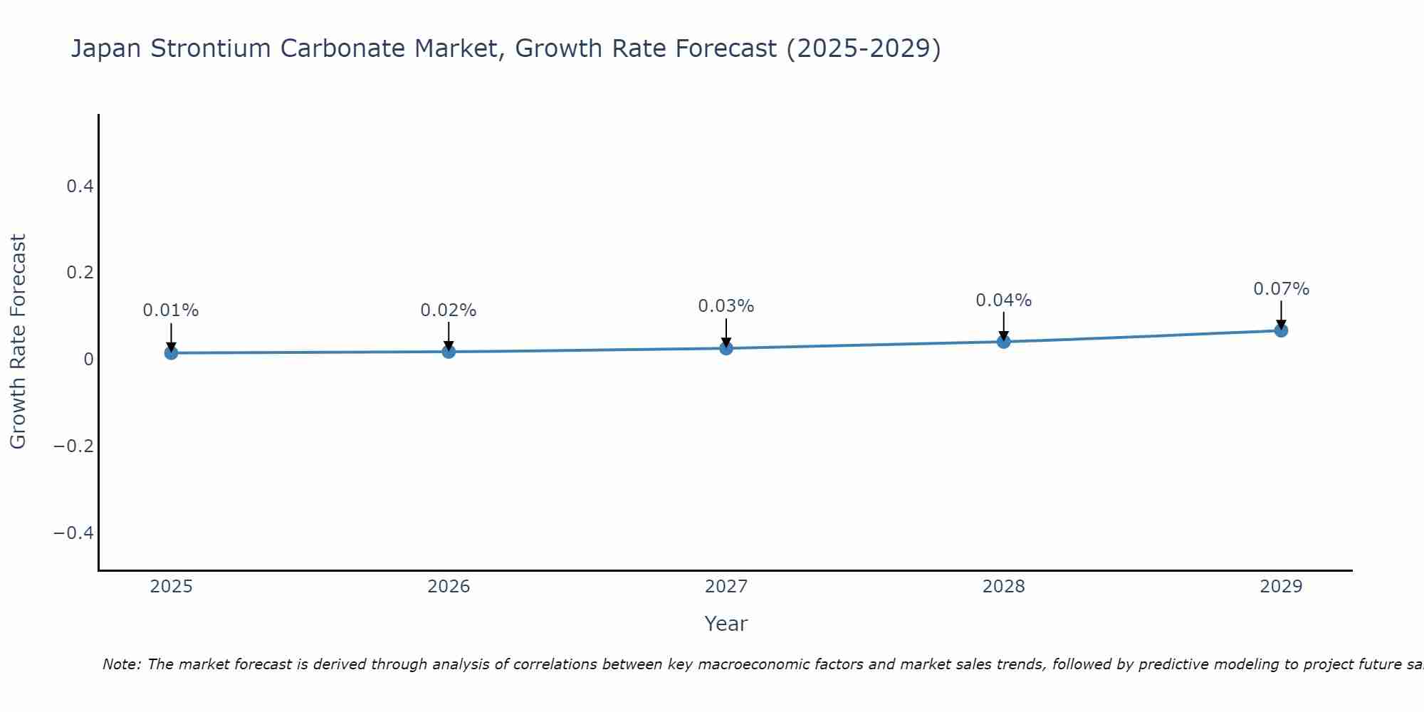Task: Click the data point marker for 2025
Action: (x=171, y=352)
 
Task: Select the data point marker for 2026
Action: (x=449, y=351)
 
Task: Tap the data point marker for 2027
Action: (x=726, y=347)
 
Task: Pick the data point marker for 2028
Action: (x=1004, y=341)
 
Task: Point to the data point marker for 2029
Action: (x=1281, y=330)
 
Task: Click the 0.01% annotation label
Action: (x=171, y=310)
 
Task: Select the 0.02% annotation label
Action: (x=449, y=310)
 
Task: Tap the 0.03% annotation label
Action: (x=726, y=306)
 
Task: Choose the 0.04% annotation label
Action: (x=1004, y=300)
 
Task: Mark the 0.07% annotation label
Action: (x=1281, y=289)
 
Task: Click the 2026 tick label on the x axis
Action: (x=449, y=587)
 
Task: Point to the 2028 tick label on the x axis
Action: (x=1004, y=587)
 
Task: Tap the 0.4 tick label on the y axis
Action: (x=80, y=187)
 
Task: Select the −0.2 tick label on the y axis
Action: (x=73, y=446)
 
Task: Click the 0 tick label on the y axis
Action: (x=88, y=360)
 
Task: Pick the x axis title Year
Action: (x=726, y=624)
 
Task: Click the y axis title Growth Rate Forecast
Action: (x=18, y=342)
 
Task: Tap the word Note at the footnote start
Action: (x=121, y=664)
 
